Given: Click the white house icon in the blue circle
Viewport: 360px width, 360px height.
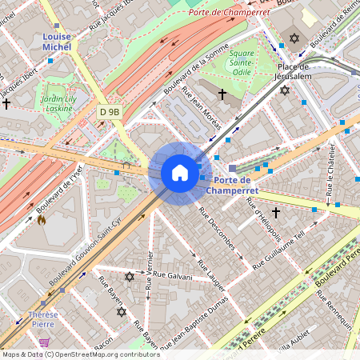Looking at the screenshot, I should pyautogui.click(x=180, y=173).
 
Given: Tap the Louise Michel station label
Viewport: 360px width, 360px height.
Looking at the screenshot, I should pyautogui.click(x=57, y=42).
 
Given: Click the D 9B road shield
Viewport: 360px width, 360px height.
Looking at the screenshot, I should pyautogui.click(x=109, y=113).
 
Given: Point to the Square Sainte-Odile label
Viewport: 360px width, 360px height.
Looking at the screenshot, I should pyautogui.click(x=242, y=57).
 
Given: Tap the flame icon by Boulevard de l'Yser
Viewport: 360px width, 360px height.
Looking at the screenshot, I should pyautogui.click(x=41, y=219).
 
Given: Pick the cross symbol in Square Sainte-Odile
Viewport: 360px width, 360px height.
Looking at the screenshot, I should pyautogui.click(x=222, y=94).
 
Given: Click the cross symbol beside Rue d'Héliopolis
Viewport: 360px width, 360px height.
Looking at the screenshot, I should pyautogui.click(x=276, y=212).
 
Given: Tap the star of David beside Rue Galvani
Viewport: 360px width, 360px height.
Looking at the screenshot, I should pyautogui.click(x=130, y=277).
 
